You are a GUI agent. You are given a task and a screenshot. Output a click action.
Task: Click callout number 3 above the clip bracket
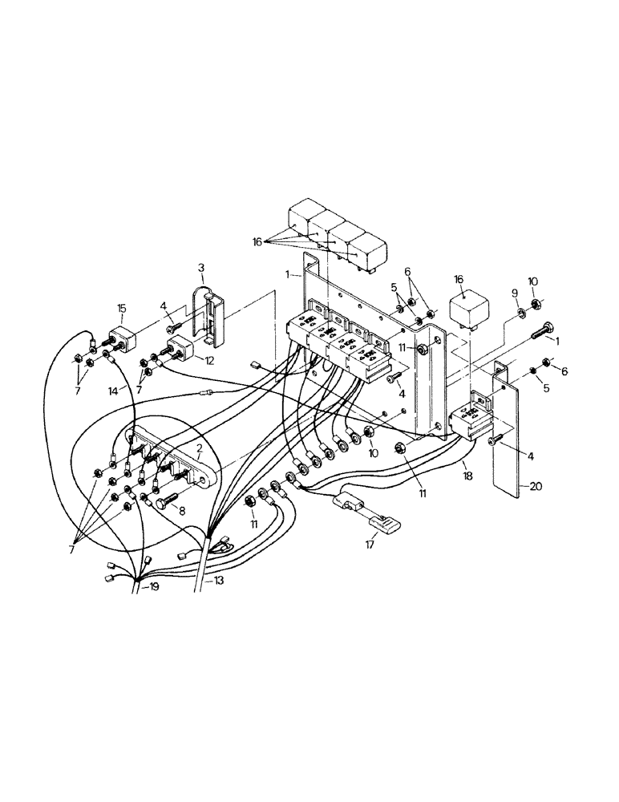pyautogui.click(x=200, y=266)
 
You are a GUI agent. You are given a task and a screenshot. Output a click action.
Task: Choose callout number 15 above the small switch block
pyautogui.click(x=122, y=308)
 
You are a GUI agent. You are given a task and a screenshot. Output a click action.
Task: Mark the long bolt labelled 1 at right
pyautogui.click(x=542, y=330)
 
